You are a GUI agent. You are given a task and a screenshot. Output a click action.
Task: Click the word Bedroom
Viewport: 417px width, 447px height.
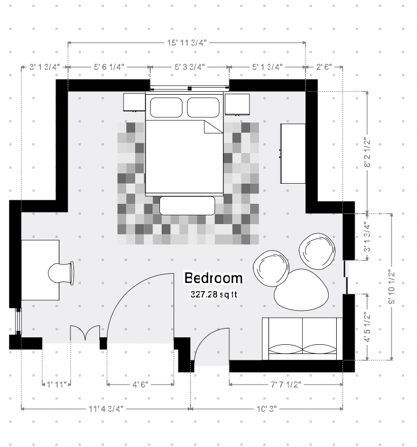tap(214, 278)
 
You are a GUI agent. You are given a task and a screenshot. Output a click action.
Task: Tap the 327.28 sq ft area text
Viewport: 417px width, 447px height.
tap(214, 294)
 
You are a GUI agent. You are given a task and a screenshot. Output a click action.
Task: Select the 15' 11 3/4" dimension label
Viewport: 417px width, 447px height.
tap(187, 43)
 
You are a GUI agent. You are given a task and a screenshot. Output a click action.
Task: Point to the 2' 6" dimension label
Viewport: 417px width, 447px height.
tap(324, 67)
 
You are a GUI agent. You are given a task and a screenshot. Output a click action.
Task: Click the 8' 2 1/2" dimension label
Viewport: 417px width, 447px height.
tap(367, 153)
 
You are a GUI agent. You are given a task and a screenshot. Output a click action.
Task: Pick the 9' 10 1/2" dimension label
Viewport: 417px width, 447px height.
tap(392, 287)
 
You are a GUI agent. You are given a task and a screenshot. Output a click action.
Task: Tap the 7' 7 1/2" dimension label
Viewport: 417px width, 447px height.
tap(285, 385)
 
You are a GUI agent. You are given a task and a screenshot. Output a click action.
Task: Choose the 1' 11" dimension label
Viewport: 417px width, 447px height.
tap(57, 385)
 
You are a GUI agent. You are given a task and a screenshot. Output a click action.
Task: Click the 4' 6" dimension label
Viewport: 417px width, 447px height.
tap(140, 385)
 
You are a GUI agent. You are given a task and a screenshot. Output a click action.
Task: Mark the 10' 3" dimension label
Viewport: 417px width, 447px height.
tap(267, 409)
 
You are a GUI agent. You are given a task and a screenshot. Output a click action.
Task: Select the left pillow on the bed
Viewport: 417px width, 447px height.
tap(166, 107)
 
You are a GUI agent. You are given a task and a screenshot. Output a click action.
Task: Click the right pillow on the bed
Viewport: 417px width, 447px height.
tap(203, 107)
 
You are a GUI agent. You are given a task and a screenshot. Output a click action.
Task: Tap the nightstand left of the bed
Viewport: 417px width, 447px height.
tap(134, 102)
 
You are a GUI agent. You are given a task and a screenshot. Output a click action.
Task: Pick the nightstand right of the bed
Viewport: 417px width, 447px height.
tap(237, 105)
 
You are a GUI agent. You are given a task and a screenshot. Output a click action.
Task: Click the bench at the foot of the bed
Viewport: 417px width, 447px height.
tap(187, 206)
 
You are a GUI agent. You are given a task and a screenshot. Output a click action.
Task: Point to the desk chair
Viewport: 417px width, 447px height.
tap(61, 273)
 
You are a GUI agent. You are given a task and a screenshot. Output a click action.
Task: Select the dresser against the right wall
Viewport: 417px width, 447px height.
tap(293, 154)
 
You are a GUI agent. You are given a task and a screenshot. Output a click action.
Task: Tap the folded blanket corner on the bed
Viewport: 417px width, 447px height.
tap(213, 127)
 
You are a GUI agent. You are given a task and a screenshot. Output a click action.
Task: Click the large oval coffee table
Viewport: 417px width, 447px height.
tap(301, 290)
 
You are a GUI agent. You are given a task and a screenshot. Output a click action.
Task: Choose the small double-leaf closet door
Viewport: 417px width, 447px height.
tap(85, 333)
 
